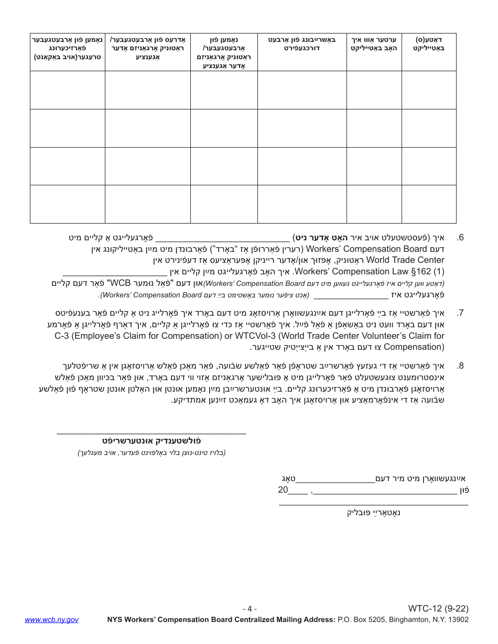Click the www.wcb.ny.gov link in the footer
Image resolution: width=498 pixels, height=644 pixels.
(x=51, y=619)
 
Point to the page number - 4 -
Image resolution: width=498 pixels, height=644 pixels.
(x=250, y=609)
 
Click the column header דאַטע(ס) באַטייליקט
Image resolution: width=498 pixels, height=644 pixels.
(x=429, y=43)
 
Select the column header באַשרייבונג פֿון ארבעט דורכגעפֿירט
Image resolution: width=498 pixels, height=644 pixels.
(x=301, y=43)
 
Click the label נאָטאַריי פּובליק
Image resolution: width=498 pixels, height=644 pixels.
(x=374, y=512)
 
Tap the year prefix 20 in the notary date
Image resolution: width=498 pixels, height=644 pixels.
(x=283, y=491)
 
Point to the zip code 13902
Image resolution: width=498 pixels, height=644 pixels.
(x=458, y=619)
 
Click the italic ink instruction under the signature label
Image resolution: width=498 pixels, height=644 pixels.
(x=151, y=452)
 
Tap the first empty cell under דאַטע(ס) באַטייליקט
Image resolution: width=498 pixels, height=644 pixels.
(x=429, y=90)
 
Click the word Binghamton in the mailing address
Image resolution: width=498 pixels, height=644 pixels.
(x=406, y=619)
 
